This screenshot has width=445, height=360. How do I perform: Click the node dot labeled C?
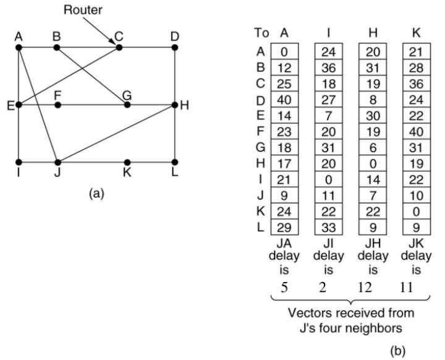tap(119, 47)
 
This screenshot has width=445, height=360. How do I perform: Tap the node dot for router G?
tap(127, 105)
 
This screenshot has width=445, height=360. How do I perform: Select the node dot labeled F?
tap(57, 105)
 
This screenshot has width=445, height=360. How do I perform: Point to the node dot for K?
tap(127, 162)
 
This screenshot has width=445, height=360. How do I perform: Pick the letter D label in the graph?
tap(175, 36)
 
